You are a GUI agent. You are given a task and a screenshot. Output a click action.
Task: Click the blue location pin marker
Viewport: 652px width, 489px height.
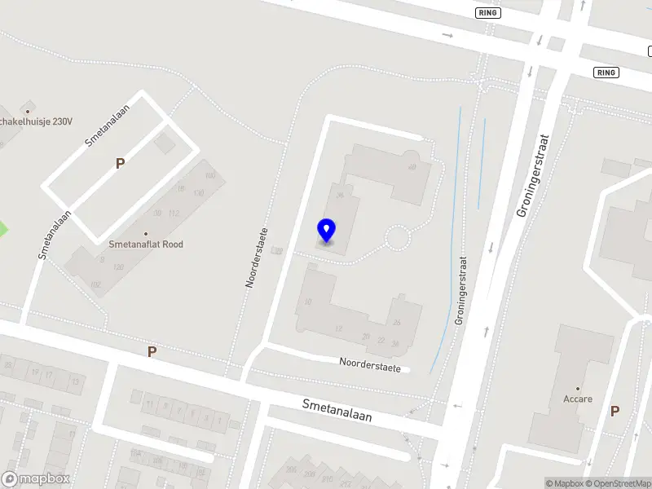click(327, 231)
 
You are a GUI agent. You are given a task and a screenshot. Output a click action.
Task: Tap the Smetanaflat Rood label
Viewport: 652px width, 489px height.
click(146, 244)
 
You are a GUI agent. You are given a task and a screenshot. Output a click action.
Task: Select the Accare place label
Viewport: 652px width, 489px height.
click(578, 399)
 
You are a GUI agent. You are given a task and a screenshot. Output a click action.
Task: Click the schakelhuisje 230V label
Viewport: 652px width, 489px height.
click(37, 121)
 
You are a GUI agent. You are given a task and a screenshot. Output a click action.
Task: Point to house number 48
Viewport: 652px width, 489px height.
click(412, 167)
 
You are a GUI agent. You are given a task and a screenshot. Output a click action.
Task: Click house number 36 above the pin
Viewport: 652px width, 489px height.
click(339, 195)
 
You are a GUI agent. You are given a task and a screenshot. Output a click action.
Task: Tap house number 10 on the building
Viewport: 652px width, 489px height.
click(307, 302)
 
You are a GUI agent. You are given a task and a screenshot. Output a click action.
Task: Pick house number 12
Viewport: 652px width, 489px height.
click(338, 328)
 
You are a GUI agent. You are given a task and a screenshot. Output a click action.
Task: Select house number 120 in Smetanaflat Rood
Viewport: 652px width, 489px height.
click(118, 267)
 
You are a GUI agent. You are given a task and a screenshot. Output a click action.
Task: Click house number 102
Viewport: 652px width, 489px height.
click(95, 284)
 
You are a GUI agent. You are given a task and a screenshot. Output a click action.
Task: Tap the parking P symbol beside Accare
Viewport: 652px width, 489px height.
click(615, 412)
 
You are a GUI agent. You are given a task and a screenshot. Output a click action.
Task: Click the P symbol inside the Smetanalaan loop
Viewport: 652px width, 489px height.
click(120, 163)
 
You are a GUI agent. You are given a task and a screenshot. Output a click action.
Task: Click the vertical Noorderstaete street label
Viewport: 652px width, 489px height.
click(258, 258)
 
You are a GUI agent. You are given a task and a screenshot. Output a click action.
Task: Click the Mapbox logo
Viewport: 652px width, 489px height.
click(35, 479)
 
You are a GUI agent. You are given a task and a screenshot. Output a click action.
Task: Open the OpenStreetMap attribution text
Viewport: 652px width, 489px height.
click(620, 483)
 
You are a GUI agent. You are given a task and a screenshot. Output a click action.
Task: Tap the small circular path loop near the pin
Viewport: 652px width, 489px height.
click(397, 238)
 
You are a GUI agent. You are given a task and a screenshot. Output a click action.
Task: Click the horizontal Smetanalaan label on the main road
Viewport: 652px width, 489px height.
click(337, 410)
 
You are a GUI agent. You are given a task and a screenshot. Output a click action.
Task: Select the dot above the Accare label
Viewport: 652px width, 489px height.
click(578, 389)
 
